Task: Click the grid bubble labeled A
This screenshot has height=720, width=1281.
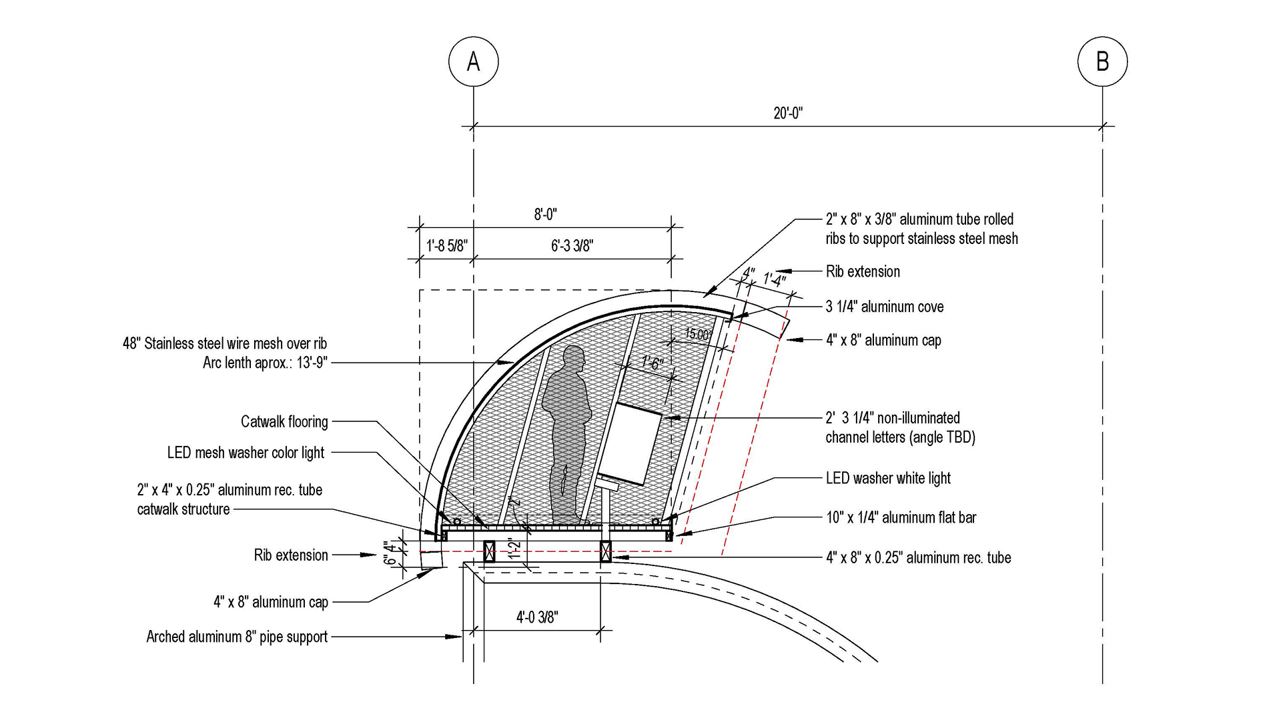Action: (x=473, y=61)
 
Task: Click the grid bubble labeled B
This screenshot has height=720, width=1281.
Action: (x=1102, y=61)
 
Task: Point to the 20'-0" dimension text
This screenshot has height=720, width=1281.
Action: (x=788, y=113)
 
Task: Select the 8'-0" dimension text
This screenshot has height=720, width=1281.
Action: (x=545, y=215)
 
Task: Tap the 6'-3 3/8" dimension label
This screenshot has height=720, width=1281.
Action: (x=572, y=246)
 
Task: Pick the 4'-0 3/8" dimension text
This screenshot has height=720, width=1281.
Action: (x=537, y=617)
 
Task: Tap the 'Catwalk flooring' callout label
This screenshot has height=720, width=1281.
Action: (x=284, y=422)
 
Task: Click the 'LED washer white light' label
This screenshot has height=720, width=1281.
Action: (x=888, y=478)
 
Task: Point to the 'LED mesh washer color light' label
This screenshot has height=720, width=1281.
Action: (x=246, y=453)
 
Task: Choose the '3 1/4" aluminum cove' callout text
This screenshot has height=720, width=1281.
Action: (x=885, y=307)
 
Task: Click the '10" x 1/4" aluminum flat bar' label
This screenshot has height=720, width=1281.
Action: (x=901, y=517)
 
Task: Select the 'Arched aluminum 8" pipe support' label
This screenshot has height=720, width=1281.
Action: (x=237, y=637)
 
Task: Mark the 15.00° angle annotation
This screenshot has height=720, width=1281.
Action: (x=698, y=335)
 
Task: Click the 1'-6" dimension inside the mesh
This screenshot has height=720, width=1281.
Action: (x=652, y=364)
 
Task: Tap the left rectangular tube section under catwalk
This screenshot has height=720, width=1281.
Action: (x=490, y=551)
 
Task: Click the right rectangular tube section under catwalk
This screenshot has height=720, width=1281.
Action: (x=606, y=551)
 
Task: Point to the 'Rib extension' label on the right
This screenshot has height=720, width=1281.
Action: (x=863, y=271)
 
